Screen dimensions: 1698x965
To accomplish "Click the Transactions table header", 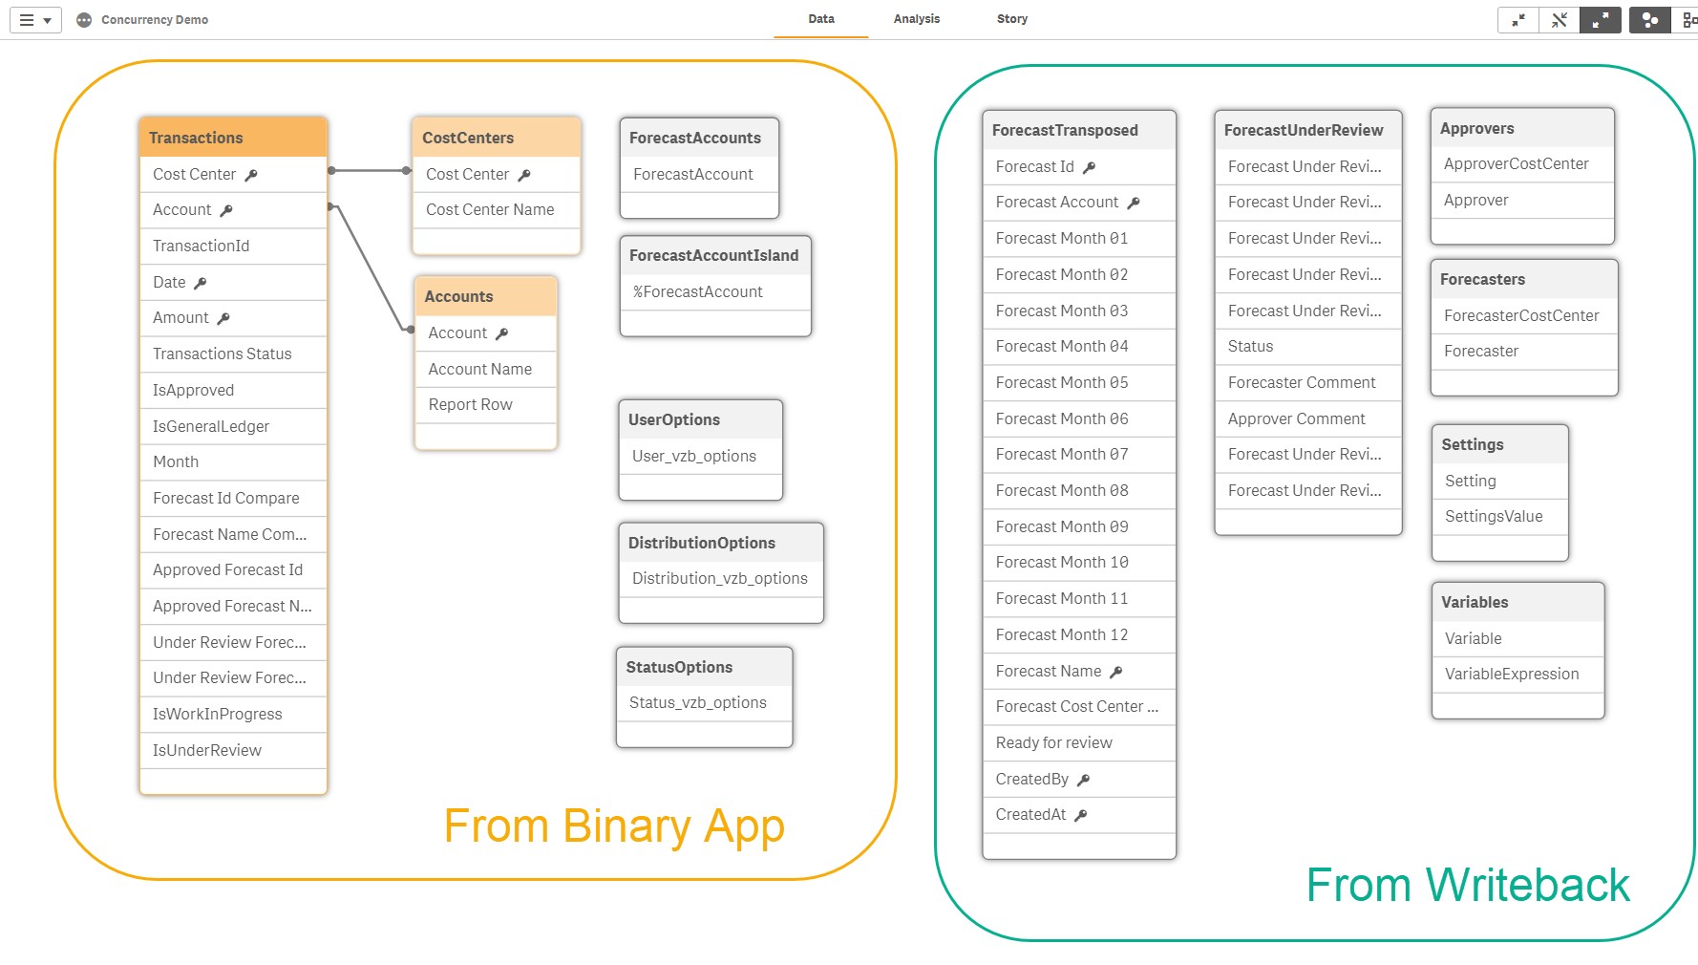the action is point(233,138).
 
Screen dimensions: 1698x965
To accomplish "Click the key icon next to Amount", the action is point(223,318).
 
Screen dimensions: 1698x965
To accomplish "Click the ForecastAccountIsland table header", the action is point(715,255).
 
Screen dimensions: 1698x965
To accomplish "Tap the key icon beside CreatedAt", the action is point(1081,815).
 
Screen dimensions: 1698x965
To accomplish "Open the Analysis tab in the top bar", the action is point(917,19).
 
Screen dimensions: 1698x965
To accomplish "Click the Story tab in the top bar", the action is point(1012,19).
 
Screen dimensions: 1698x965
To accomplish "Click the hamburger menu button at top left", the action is point(35,19).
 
